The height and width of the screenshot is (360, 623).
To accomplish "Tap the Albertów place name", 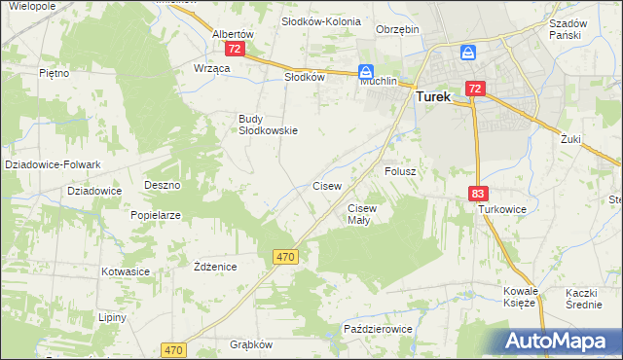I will coord(233,33).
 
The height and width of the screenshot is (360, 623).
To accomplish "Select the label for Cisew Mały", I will coord(361,214).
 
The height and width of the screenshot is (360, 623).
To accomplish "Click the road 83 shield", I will coord(477,195).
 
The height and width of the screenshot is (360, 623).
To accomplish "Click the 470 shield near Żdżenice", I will coord(284,256).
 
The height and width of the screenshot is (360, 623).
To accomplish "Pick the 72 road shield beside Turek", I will coord(474,89).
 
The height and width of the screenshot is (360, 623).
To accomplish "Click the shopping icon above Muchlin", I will coord(366,71).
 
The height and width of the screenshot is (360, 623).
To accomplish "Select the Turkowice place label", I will coord(501,209).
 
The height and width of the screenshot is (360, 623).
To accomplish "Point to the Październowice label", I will coord(378,330).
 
